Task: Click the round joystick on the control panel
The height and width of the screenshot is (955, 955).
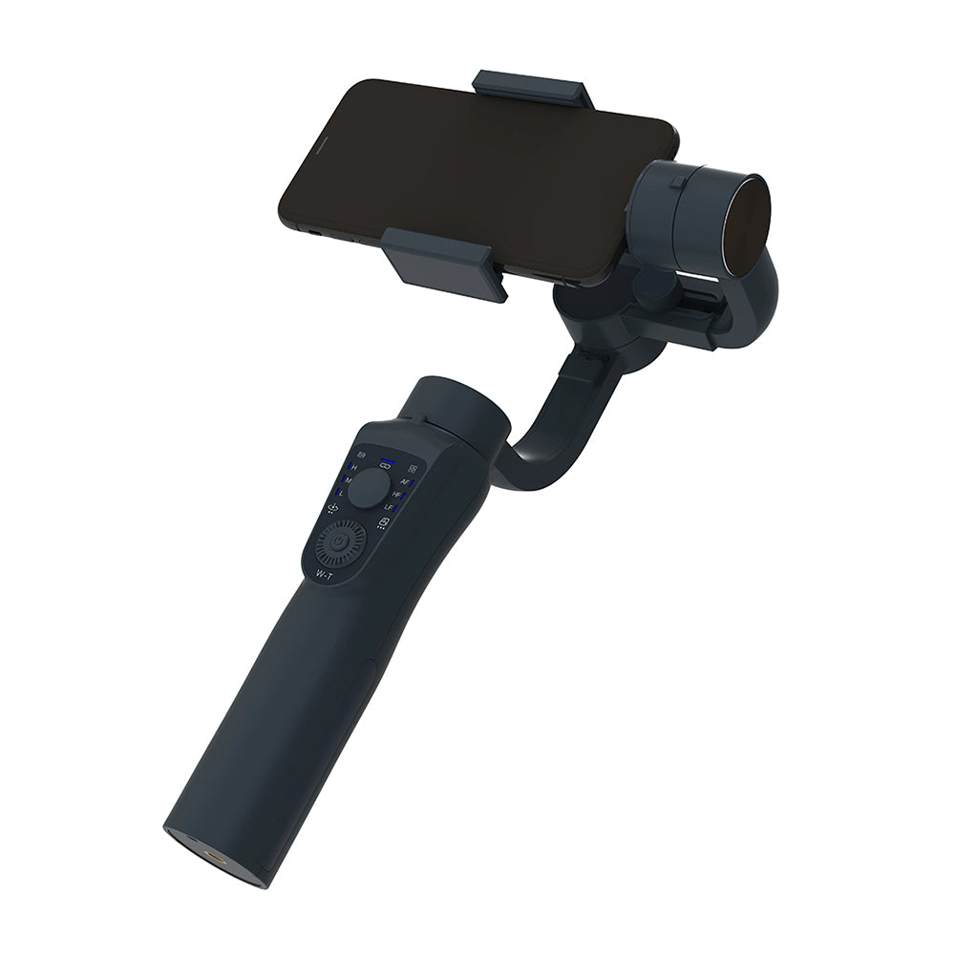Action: point(368,489)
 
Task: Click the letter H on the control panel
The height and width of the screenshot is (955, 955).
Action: point(354,467)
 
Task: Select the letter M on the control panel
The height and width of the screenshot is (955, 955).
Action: point(349,479)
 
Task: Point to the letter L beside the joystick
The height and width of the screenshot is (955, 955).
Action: point(342,493)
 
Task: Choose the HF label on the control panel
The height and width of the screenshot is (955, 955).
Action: point(396,495)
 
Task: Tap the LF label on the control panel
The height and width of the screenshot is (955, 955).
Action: point(390,507)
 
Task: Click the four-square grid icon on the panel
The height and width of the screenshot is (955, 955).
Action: point(413,469)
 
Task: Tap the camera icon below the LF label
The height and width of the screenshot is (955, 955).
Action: point(384,521)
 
